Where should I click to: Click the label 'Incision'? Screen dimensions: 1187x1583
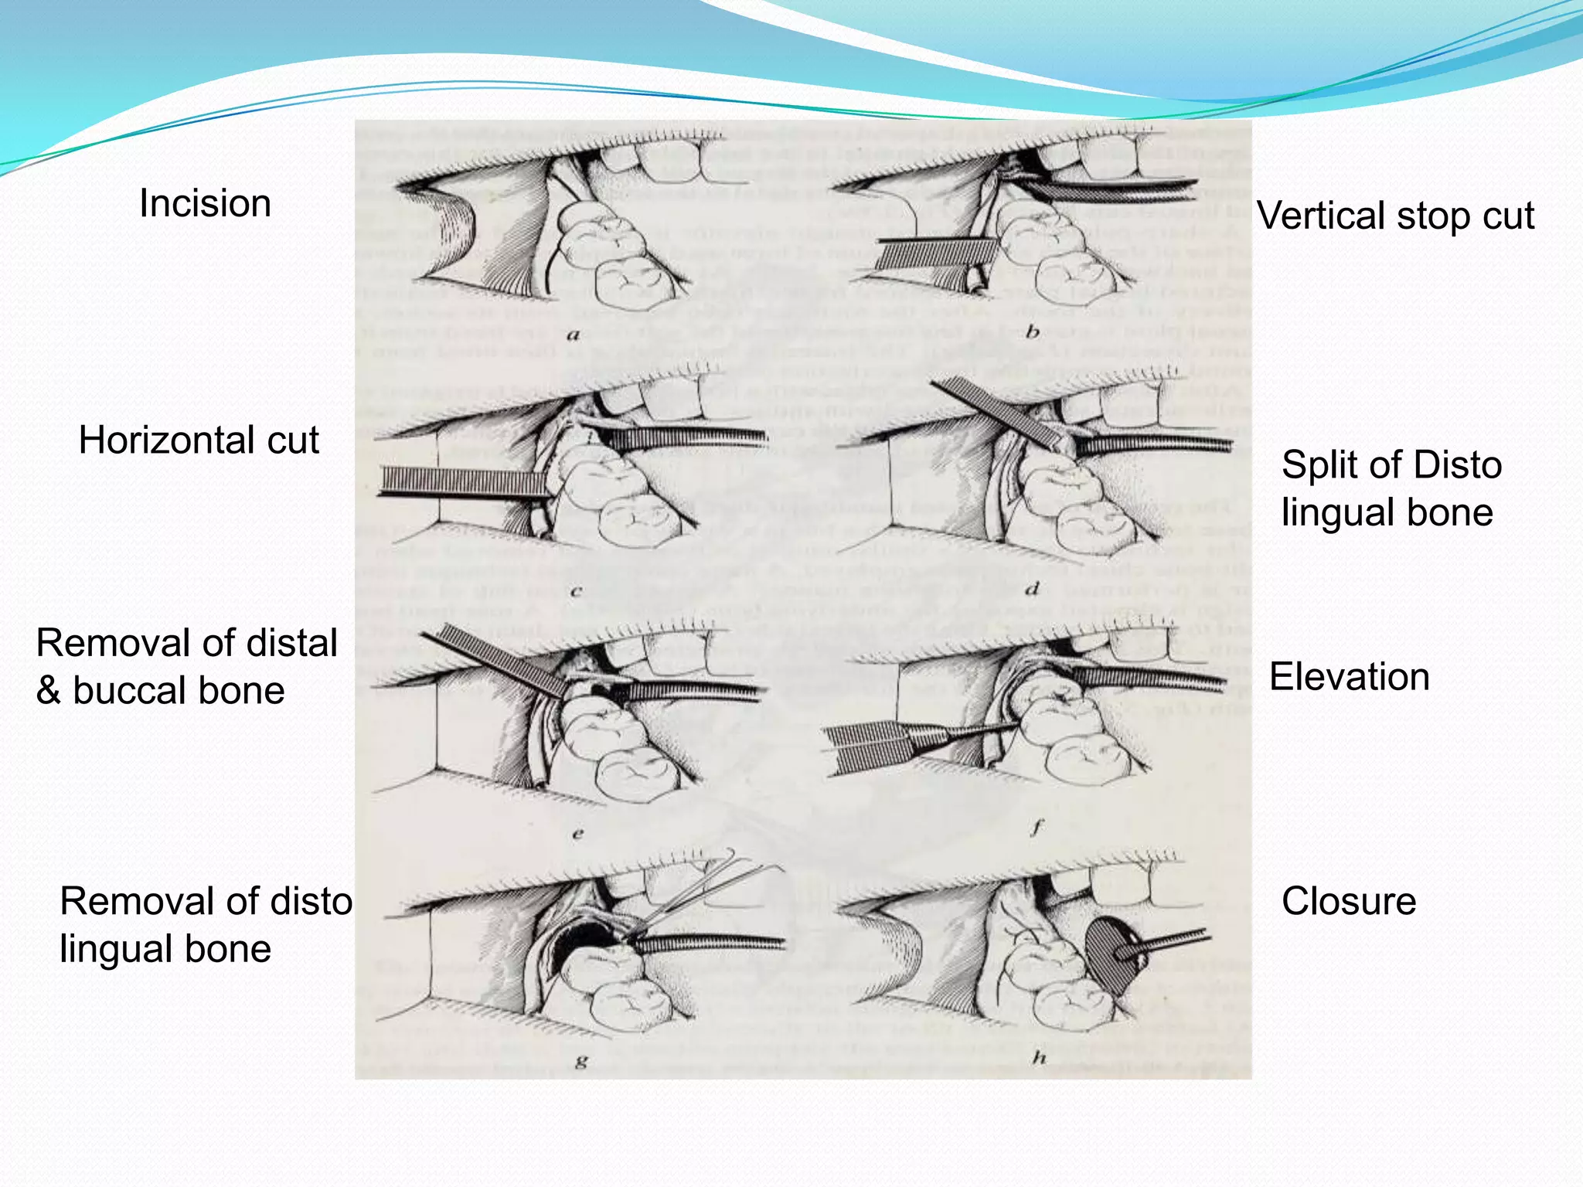[x=205, y=204]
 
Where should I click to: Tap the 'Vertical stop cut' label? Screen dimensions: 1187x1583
[x=1395, y=216]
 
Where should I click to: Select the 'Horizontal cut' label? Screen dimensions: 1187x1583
[x=199, y=440]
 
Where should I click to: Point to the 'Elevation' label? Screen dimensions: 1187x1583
[x=1349, y=677]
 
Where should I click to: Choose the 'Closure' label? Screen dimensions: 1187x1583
[x=1349, y=901]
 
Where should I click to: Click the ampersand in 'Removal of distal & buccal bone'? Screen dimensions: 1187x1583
[x=48, y=691]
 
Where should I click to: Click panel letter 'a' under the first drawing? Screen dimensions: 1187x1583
[x=573, y=335]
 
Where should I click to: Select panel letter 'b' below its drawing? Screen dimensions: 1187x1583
[x=1033, y=333]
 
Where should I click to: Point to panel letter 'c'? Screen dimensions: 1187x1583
[x=576, y=593]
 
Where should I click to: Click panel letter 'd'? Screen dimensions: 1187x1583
[x=1033, y=590]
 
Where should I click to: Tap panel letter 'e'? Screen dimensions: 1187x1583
[x=577, y=834]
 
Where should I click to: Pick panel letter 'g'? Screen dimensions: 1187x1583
[x=581, y=1061]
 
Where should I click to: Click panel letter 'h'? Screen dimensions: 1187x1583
[x=1039, y=1058]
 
